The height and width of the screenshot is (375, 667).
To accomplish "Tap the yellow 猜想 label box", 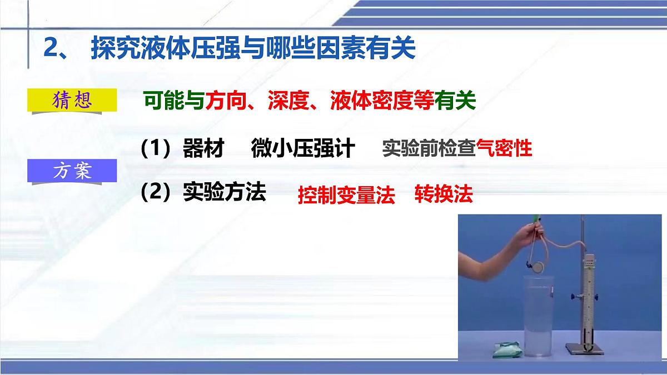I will (72, 101).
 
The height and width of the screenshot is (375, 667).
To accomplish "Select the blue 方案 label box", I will (72, 171).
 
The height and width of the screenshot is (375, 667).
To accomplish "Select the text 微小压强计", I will (302, 149).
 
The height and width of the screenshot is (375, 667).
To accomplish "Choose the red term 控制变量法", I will (346, 195).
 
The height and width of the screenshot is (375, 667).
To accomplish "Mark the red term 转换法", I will (444, 194).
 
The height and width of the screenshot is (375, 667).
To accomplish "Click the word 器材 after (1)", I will (203, 149).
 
